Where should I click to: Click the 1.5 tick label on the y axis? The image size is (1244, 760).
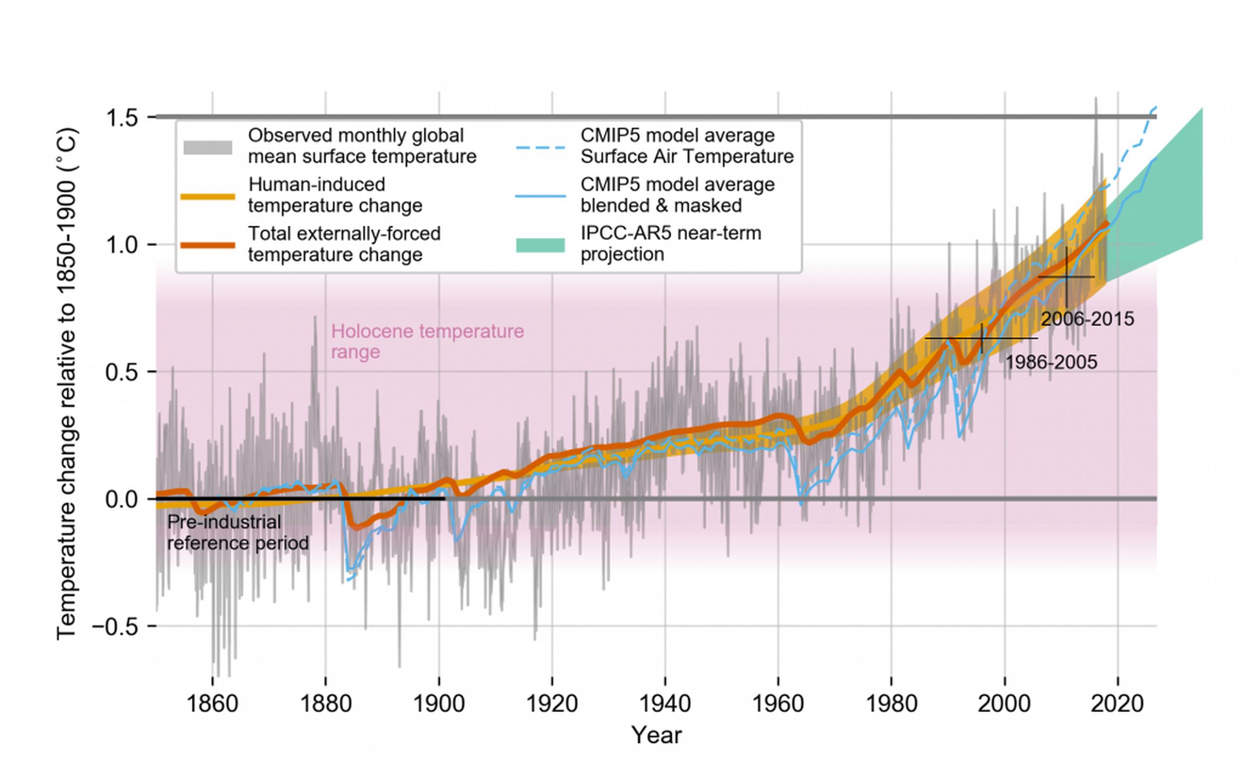pyautogui.click(x=122, y=118)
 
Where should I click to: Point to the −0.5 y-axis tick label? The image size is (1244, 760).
pyautogui.click(x=115, y=626)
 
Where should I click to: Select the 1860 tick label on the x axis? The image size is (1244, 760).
pyautogui.click(x=212, y=704)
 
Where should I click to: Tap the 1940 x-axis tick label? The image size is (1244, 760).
pyautogui.click(x=665, y=704)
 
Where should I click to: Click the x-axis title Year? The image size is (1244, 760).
pyautogui.click(x=656, y=735)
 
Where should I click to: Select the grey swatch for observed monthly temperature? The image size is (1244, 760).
pyautogui.click(x=208, y=147)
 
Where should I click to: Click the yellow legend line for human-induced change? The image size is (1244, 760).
pyautogui.click(x=208, y=196)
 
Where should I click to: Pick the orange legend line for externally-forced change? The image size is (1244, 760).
pyautogui.click(x=208, y=245)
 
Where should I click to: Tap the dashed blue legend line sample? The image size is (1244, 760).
pyautogui.click(x=540, y=147)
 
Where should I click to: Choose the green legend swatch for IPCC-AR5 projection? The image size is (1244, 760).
pyautogui.click(x=540, y=245)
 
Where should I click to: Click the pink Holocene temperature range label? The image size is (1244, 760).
pyautogui.click(x=428, y=342)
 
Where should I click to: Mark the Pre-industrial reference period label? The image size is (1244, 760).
pyautogui.click(x=238, y=532)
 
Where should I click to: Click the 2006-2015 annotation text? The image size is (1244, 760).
pyautogui.click(x=1088, y=319)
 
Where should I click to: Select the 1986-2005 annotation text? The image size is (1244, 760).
pyautogui.click(x=1052, y=362)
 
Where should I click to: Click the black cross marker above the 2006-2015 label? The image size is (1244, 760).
pyautogui.click(x=1066, y=277)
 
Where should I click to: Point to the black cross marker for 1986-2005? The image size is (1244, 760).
pyautogui.click(x=982, y=338)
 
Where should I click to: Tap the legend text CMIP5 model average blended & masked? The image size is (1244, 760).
pyautogui.click(x=678, y=195)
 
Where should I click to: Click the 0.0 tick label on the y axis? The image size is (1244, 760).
pyautogui.click(x=122, y=499)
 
